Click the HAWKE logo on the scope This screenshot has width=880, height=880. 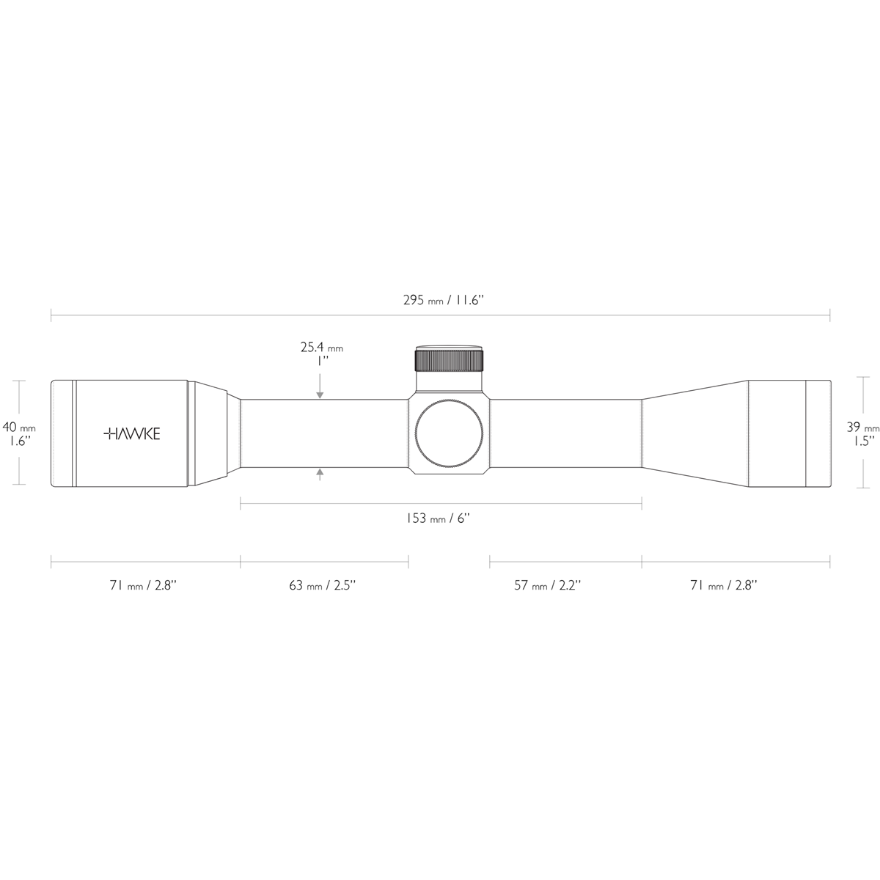point(131,433)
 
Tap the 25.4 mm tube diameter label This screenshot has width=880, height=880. point(321,348)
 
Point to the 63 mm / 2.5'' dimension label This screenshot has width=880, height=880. point(324,585)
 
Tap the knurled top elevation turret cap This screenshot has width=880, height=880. point(450,360)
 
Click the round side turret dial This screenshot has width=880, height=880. point(450,433)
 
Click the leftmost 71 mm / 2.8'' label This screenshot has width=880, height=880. point(143,585)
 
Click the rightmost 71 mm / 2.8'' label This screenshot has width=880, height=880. point(725,585)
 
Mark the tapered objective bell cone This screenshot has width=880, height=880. point(694,433)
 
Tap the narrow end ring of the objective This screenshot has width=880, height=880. point(818,433)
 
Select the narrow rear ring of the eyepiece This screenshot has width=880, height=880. point(62,433)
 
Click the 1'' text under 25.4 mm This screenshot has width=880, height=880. point(321,362)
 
